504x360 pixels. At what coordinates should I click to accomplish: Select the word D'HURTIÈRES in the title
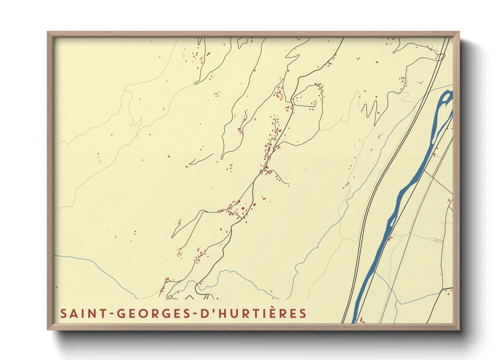coord(253,313)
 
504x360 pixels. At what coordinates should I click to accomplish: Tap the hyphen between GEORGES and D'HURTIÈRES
coord(195,314)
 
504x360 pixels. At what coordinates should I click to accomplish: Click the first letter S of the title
coord(63,313)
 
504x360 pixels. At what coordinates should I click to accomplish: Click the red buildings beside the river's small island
coord(390,238)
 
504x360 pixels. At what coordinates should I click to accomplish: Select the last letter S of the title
coord(303,313)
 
